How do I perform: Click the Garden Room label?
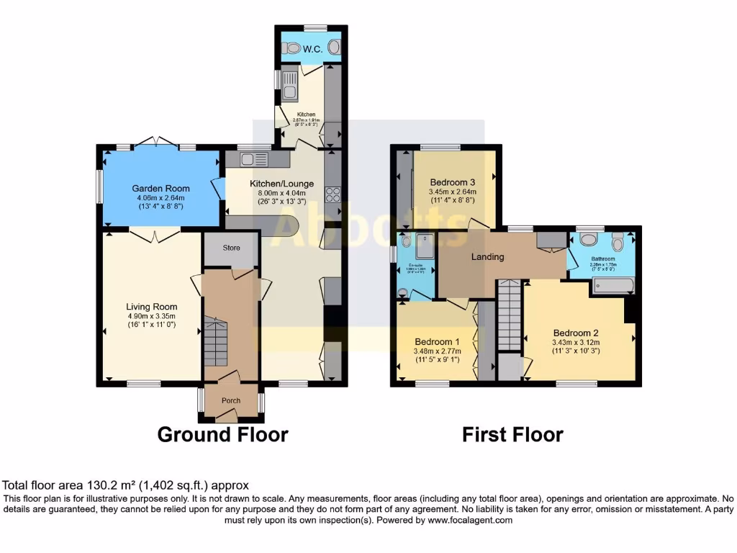(x=160, y=189)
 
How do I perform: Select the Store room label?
(x=231, y=248)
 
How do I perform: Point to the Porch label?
(x=231, y=400)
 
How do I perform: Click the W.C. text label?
(x=312, y=49)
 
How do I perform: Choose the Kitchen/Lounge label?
(x=281, y=183)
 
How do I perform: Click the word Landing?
(x=487, y=257)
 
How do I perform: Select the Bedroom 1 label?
(x=438, y=341)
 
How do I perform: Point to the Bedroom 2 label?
(x=576, y=333)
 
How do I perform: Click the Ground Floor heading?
(x=222, y=435)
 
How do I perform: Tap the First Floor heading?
(x=512, y=435)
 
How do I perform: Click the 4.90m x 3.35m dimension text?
(x=151, y=316)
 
